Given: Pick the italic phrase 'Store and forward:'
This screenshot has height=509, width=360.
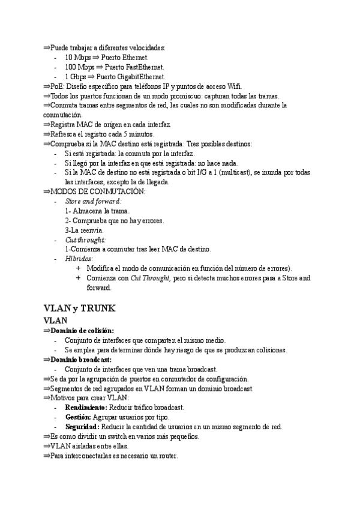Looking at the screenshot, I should point(93,201).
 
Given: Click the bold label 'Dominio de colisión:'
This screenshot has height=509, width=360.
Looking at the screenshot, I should point(82,331).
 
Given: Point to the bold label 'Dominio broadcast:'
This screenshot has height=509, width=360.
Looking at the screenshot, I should point(81,360).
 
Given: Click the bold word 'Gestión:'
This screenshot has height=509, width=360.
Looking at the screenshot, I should point(78,417).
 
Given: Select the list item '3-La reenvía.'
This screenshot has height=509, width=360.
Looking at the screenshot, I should point(84,230).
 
